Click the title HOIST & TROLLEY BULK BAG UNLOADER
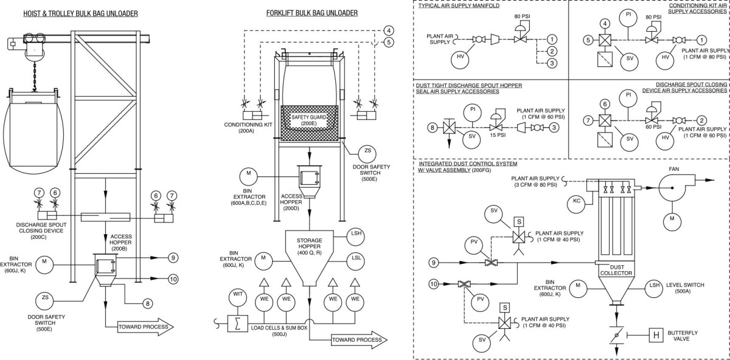click(x=71, y=13)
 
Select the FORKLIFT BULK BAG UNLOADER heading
click(x=312, y=13)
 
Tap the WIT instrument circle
click(x=238, y=297)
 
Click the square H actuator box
click(x=656, y=335)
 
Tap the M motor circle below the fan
click(x=672, y=218)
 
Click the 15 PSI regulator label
click(x=499, y=136)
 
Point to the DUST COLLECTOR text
click(x=614, y=271)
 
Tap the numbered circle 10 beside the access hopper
click(x=173, y=279)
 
